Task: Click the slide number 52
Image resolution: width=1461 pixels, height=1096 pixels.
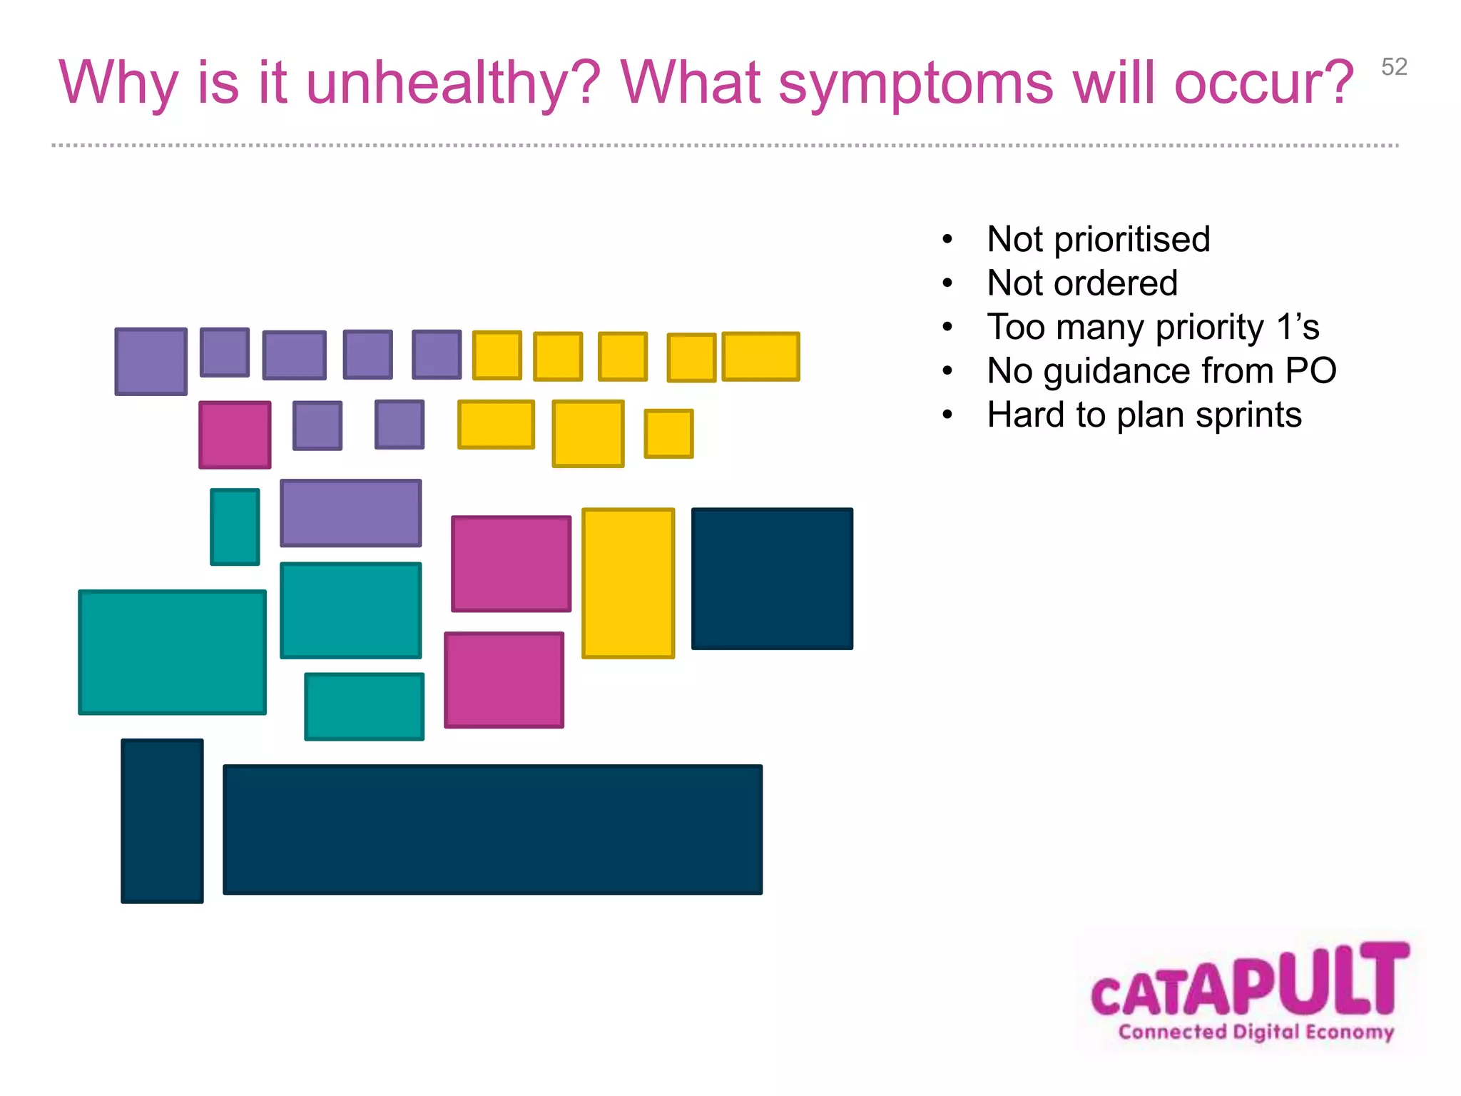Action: pyautogui.click(x=1393, y=67)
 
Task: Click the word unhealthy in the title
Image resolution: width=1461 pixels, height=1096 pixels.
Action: pyautogui.click(x=453, y=83)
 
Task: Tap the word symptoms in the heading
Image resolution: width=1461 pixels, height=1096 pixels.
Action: pyautogui.click(x=915, y=83)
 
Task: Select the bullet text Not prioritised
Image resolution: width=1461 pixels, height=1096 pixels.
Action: pyautogui.click(x=1098, y=239)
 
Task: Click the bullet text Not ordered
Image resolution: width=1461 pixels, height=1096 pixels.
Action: pyautogui.click(x=1081, y=283)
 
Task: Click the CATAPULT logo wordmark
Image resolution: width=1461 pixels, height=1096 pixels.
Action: pyautogui.click(x=1250, y=982)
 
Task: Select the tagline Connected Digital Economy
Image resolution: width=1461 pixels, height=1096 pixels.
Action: pyautogui.click(x=1256, y=1032)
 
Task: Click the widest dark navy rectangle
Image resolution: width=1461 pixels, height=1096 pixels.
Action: pyautogui.click(x=492, y=829)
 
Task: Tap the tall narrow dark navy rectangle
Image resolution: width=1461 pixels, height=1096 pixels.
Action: pyautogui.click(x=162, y=821)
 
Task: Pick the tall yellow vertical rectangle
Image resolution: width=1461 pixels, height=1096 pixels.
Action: pyautogui.click(x=628, y=583)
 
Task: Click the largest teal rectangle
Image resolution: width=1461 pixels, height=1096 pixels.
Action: pyautogui.click(x=172, y=652)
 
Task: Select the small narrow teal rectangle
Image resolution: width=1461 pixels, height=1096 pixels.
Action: pyautogui.click(x=235, y=527)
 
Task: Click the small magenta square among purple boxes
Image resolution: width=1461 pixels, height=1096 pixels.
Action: pyautogui.click(x=235, y=435)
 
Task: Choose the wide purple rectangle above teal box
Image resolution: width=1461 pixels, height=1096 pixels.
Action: pyautogui.click(x=350, y=513)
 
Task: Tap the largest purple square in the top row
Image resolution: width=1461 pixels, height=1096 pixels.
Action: pyautogui.click(x=151, y=361)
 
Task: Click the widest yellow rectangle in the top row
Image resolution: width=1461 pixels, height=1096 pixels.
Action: pyautogui.click(x=760, y=356)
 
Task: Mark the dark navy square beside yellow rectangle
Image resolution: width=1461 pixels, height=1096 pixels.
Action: pyautogui.click(x=772, y=579)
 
